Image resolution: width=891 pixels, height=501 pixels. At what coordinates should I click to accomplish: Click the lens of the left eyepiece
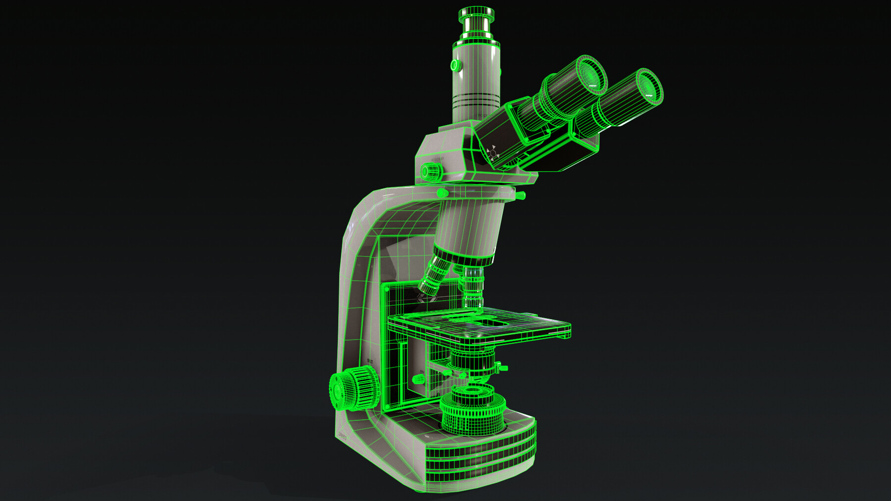[x=590, y=75]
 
